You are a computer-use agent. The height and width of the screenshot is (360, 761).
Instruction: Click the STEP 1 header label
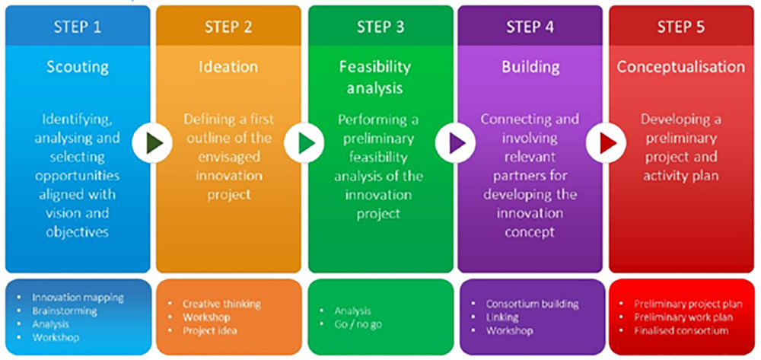77,27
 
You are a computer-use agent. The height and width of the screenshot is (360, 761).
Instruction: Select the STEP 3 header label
380,27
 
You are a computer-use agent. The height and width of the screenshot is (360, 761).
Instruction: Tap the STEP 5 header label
680,27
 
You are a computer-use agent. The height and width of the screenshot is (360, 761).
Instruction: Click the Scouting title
77,66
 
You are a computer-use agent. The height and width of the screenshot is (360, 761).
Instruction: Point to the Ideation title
228,66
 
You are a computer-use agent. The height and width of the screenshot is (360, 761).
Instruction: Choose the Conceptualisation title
680,66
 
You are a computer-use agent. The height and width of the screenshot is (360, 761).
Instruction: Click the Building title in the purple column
530,66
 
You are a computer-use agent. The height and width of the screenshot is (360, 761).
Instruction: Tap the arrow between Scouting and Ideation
153,142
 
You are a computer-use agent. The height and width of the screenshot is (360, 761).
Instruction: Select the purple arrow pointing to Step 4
456,142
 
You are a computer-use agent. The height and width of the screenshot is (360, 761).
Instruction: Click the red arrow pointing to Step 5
607,142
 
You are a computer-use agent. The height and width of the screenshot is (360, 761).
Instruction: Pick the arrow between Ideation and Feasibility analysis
304,142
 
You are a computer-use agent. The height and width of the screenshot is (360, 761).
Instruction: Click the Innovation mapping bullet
78,298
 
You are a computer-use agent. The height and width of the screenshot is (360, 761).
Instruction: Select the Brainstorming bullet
65,311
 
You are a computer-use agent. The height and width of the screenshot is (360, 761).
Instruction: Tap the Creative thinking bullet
221,304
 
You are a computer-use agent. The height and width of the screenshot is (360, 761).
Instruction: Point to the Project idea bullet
209,330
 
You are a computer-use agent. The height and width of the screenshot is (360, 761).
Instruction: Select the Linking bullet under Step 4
502,317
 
